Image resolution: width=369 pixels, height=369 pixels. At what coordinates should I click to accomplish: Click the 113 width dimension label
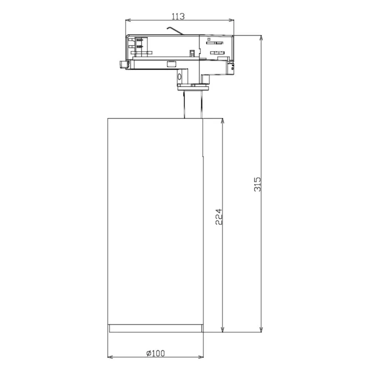pyautogui.click(x=178, y=17)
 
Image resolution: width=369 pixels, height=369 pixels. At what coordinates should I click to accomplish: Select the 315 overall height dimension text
pyautogui.click(x=258, y=184)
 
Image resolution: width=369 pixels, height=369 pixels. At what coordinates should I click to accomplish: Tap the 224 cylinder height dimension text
pyautogui.click(x=219, y=217)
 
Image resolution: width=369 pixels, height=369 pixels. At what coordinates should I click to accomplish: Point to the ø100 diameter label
pyautogui.click(x=156, y=353)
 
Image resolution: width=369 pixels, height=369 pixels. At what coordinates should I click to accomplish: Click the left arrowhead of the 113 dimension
pyautogui.click(x=128, y=20)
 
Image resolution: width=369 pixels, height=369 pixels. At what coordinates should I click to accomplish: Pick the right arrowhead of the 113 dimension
pyautogui.click(x=232, y=20)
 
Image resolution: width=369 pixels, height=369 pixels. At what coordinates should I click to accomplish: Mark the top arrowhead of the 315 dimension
pyautogui.click(x=261, y=38)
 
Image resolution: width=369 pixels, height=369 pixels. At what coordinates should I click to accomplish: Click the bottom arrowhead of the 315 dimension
pyautogui.click(x=261, y=330)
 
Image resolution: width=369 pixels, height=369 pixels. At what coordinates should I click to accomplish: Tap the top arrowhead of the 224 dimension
pyautogui.click(x=223, y=121)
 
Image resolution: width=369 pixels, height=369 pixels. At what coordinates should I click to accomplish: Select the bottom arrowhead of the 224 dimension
pyautogui.click(x=223, y=330)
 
